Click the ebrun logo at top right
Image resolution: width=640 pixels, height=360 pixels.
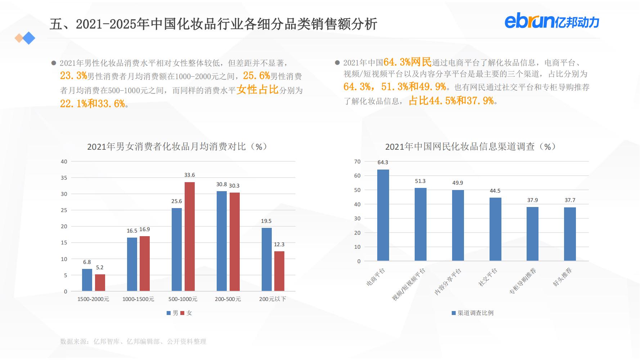(x=551, y=22)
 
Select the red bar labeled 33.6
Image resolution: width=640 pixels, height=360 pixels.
(x=189, y=237)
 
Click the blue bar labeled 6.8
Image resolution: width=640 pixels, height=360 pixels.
(x=87, y=280)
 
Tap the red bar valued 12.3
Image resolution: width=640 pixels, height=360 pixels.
(x=279, y=271)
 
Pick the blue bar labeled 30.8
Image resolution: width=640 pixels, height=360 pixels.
(x=222, y=241)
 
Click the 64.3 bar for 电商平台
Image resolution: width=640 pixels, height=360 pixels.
(x=383, y=215)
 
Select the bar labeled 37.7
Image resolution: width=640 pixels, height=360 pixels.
(x=570, y=234)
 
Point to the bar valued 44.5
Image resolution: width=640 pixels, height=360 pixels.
(x=495, y=229)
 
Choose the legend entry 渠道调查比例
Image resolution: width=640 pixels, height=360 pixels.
(x=473, y=313)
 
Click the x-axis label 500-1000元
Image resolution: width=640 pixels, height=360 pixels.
(x=183, y=299)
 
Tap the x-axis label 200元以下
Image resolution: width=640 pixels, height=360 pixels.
(x=272, y=299)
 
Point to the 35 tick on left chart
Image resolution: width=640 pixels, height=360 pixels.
(x=64, y=178)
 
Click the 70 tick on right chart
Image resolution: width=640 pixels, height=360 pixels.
(x=357, y=162)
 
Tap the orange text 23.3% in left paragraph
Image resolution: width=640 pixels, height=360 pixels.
(x=73, y=76)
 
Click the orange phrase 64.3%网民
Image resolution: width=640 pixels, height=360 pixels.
(x=407, y=62)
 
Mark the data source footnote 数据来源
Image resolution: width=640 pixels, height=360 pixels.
(x=133, y=341)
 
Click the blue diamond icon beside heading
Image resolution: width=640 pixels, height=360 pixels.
(x=28, y=38)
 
